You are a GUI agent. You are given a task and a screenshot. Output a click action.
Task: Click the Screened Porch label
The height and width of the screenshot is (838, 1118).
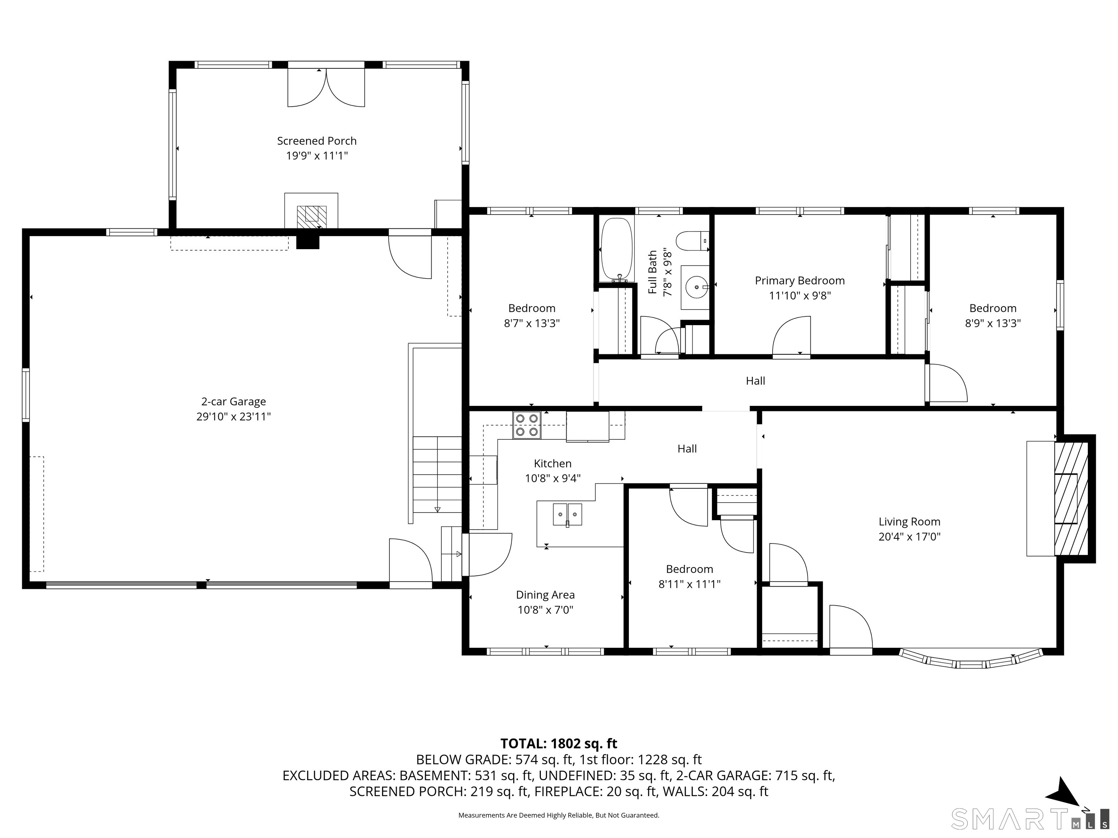click(317, 141)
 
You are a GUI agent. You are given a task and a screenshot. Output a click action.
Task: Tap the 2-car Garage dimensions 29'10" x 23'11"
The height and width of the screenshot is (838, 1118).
click(234, 417)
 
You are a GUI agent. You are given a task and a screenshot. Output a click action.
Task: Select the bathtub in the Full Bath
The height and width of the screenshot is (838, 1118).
click(617, 250)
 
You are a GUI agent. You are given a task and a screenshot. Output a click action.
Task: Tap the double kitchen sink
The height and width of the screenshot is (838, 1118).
click(567, 515)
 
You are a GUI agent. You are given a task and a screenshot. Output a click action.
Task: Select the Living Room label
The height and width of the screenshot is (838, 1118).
click(909, 522)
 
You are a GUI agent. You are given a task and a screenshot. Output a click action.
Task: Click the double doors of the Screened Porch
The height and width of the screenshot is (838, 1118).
click(326, 87)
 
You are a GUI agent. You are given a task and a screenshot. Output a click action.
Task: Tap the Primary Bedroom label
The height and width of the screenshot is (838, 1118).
click(800, 281)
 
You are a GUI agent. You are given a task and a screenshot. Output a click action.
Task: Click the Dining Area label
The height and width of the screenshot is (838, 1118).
click(546, 595)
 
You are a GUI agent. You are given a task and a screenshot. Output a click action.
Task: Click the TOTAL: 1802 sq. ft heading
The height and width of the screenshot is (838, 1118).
click(559, 743)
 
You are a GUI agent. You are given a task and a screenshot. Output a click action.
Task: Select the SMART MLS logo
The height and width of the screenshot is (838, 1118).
click(1030, 819)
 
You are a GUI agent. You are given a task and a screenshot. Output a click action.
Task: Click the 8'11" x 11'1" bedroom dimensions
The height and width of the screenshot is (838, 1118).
click(689, 584)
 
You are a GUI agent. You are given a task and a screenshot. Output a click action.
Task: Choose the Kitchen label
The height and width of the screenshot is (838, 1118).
click(553, 464)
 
